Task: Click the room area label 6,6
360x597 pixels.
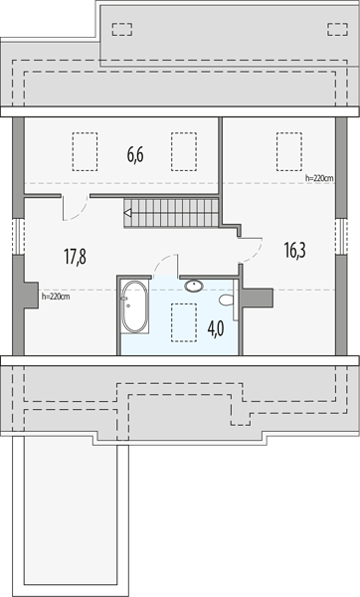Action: pos(135,155)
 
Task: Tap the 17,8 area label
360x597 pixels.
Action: pos(75,257)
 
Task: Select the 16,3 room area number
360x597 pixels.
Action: pos(295,250)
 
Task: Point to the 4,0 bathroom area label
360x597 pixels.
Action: pos(216,328)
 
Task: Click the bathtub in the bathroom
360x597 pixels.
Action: pos(134,306)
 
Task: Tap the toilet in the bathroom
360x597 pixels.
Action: pos(227,299)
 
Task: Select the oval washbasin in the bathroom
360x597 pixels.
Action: pos(194,286)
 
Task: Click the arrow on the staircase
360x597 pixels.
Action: pos(128,213)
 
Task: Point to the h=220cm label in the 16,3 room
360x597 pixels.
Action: pos(319,178)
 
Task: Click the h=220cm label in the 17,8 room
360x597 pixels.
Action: pos(56,297)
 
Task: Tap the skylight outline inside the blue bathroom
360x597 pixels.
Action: pos(184,322)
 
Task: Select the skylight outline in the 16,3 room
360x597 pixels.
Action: pos(289,151)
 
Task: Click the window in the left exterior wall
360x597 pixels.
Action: pos(18,236)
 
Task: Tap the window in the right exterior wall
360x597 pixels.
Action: pos(341,236)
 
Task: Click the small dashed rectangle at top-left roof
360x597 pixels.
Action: pos(122,29)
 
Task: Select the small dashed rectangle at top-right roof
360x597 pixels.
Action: pos(337,29)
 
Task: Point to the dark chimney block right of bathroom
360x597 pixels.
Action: pos(258,298)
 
